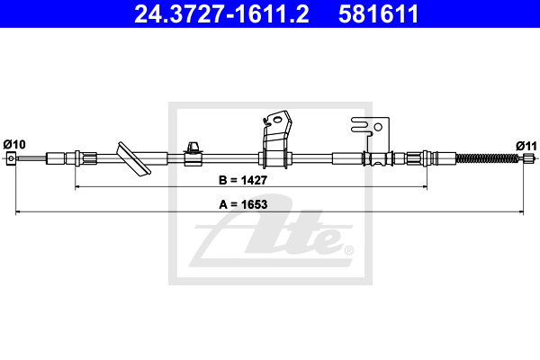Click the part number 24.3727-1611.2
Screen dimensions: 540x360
pyautogui.click(x=221, y=13)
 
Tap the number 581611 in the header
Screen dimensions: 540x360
pyautogui.click(x=378, y=13)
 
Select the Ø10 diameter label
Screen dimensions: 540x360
pyautogui.click(x=14, y=144)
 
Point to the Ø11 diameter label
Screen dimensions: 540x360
pyautogui.click(x=526, y=146)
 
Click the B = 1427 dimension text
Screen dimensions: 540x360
pyautogui.click(x=243, y=180)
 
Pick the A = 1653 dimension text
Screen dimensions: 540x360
pyautogui.click(x=243, y=204)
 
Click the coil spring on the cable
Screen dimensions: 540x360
pyautogui.click(x=487, y=158)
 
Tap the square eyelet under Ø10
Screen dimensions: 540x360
pyautogui.click(x=11, y=158)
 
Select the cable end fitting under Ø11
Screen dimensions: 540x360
pyautogui.click(x=527, y=158)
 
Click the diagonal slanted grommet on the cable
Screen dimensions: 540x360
pyautogui.click(x=133, y=159)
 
